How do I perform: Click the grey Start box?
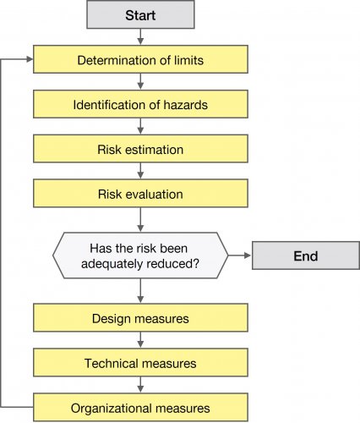coord(140,14)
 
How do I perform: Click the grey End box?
coord(306,255)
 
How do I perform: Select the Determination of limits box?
coord(140,60)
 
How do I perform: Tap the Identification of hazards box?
coord(140,105)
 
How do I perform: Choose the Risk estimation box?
coord(140,150)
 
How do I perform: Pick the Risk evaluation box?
coord(140,194)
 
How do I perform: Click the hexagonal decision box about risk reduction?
coord(140,255)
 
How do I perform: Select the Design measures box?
coord(140,318)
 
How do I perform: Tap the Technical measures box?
coord(140,363)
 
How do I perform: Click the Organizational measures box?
coord(140,407)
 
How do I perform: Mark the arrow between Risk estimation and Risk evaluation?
coord(140,172)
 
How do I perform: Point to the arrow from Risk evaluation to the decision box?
coord(140,220)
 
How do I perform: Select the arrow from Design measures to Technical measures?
coord(140,340)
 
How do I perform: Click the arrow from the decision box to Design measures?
coord(140,291)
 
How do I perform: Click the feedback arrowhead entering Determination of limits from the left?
coord(30,60)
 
